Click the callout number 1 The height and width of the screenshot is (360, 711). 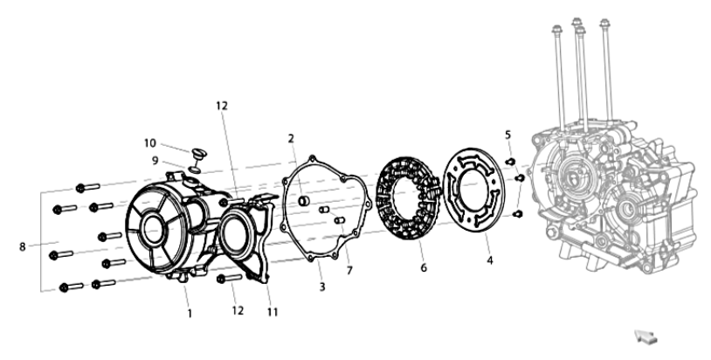(x=190, y=314)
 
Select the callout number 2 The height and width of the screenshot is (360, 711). (x=291, y=139)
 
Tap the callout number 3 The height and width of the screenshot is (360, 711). (x=322, y=287)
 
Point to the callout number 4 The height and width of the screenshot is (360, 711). (x=490, y=260)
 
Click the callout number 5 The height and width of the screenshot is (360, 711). (x=507, y=135)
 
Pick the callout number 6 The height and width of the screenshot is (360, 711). (x=424, y=268)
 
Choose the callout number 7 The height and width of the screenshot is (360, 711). (x=349, y=271)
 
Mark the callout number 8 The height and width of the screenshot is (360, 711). (x=22, y=247)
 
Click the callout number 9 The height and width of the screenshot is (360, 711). (x=155, y=161)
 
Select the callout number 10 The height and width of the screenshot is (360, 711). (x=150, y=143)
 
